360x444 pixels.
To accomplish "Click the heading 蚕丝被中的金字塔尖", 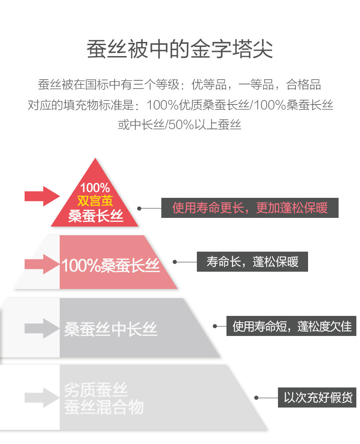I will click(180, 50).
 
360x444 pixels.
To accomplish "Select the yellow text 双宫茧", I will click(95, 201).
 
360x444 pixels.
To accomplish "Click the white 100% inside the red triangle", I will click(95, 187).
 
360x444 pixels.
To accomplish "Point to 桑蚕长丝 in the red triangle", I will click(96, 216).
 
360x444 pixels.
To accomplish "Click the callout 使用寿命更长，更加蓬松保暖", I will click(250, 208).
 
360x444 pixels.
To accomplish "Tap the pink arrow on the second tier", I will click(42, 263).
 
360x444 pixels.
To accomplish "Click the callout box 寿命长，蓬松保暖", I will click(252, 262).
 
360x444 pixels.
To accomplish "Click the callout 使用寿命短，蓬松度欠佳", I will click(292, 326).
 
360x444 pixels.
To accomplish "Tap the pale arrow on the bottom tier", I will click(42, 397).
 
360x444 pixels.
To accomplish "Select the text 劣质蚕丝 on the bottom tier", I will click(96, 390).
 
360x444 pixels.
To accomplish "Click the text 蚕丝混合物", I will click(104, 407).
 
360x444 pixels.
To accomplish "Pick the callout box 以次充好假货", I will click(318, 398).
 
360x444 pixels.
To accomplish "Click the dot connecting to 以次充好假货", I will click(256, 398).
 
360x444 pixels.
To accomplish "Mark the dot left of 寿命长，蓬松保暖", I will click(175, 262).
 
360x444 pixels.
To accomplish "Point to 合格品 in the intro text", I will click(303, 85).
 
